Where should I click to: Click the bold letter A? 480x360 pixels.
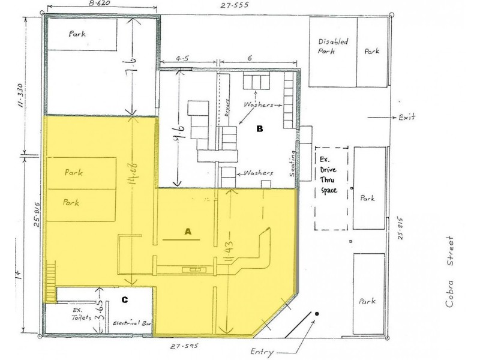pos(187,231)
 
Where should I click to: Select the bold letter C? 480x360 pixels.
pos(125,299)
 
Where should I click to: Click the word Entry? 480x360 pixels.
pos(262,352)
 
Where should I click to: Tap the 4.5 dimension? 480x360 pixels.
pos(182,59)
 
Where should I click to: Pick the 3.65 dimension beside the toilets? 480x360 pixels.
pos(103,314)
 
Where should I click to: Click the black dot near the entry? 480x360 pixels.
pos(317,314)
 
